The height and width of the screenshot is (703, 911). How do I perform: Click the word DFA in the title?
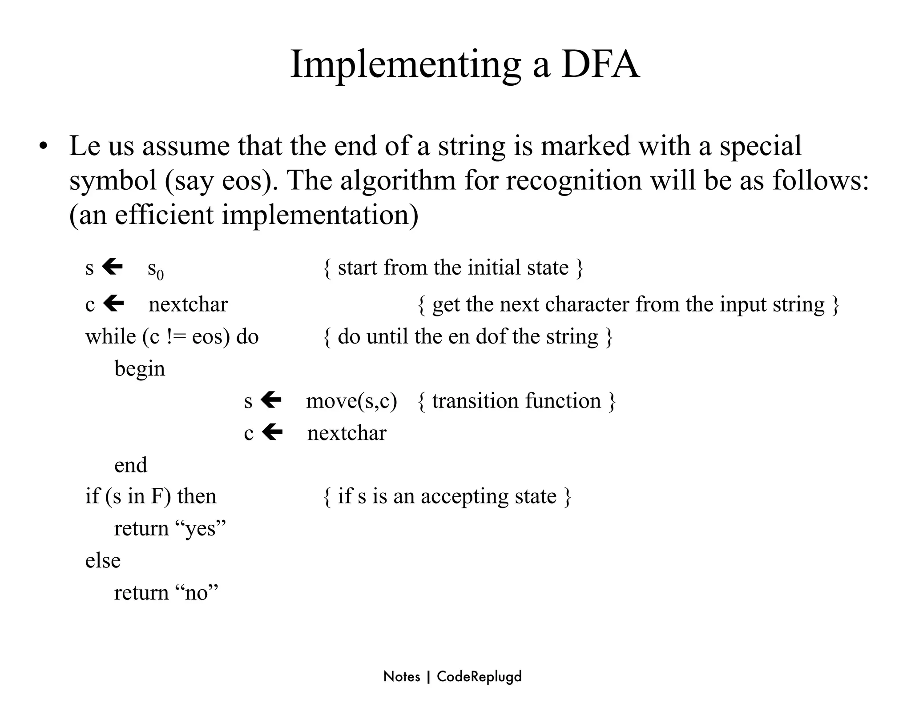(600, 65)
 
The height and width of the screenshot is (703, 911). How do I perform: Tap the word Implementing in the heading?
(405, 65)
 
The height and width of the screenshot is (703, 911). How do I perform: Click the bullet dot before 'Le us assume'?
(43, 146)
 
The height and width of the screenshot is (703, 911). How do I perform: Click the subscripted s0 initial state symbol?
(155, 269)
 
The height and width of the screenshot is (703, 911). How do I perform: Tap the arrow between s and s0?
(112, 267)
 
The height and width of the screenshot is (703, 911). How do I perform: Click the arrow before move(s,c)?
(271, 400)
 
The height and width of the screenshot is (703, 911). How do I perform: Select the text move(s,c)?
(351, 401)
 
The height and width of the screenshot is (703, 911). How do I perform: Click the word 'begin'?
(140, 369)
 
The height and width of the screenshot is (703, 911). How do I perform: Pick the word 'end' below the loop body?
(130, 465)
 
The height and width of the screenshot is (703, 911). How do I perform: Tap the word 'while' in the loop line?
(110, 336)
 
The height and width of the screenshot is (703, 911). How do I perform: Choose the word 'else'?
(103, 560)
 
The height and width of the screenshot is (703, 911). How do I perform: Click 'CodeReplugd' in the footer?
(479, 677)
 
